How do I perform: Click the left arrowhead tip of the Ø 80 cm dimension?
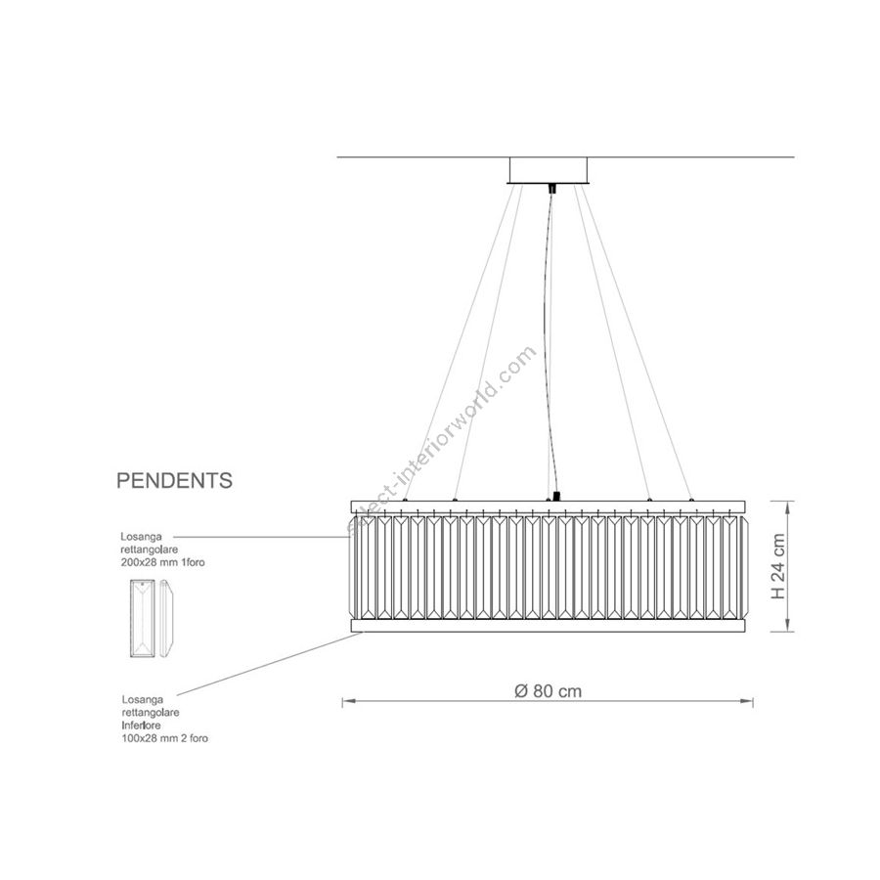(343, 701)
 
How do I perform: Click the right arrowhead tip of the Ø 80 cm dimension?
(753, 701)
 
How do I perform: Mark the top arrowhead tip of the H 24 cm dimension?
(788, 502)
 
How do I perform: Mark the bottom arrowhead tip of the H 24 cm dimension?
(788, 632)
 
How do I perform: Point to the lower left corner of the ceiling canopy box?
(507, 183)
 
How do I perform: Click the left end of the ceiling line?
(336, 157)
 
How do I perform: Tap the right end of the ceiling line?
(795, 157)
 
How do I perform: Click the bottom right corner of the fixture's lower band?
(746, 632)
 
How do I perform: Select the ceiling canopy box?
(549, 170)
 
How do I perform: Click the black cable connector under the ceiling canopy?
(552, 188)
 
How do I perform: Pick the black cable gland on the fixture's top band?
(556, 497)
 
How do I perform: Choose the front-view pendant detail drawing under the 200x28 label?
(143, 618)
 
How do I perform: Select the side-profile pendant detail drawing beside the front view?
(166, 618)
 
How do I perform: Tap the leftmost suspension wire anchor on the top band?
(405, 499)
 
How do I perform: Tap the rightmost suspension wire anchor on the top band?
(691, 499)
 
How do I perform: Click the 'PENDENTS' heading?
(175, 481)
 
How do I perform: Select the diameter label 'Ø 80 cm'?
(549, 691)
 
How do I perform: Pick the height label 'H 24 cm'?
(778, 566)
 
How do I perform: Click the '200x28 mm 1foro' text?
(162, 562)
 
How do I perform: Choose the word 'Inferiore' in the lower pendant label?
(142, 726)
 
